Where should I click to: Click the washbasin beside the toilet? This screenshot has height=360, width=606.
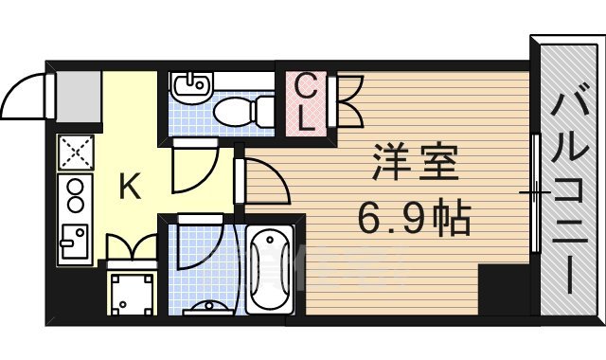190,88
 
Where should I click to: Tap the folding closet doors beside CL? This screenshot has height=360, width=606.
346,101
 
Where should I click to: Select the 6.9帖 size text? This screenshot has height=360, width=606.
413,221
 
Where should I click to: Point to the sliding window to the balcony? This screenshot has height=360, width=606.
535,193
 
